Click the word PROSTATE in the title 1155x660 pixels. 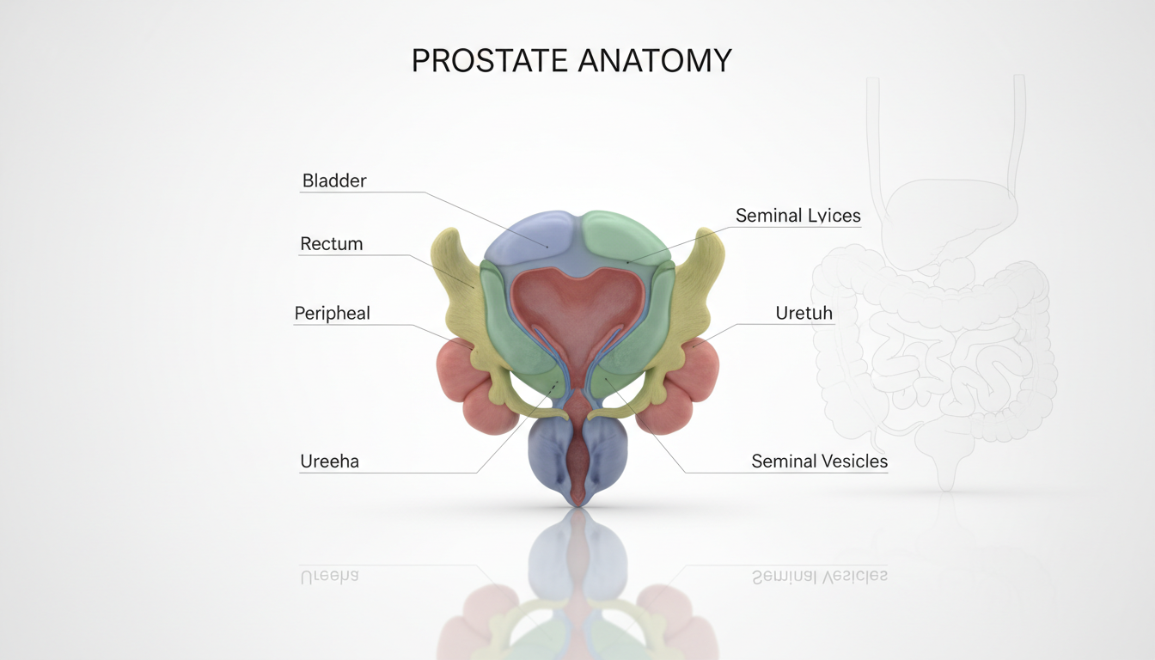click(x=489, y=61)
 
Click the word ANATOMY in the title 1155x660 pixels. click(x=655, y=61)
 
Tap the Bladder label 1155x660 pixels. click(x=334, y=180)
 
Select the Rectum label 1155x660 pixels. click(x=332, y=244)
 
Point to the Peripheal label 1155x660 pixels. click(x=333, y=314)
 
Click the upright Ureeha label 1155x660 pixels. click(x=329, y=461)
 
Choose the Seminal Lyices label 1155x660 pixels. click(x=797, y=216)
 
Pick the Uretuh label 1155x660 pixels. click(x=804, y=314)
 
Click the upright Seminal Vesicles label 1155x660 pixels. click(x=819, y=461)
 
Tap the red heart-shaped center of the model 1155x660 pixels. click(x=577, y=305)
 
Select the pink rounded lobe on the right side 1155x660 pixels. click(x=687, y=387)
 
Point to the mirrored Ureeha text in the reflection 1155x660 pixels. click(x=329, y=577)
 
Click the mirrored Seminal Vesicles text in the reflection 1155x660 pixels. click(x=819, y=577)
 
